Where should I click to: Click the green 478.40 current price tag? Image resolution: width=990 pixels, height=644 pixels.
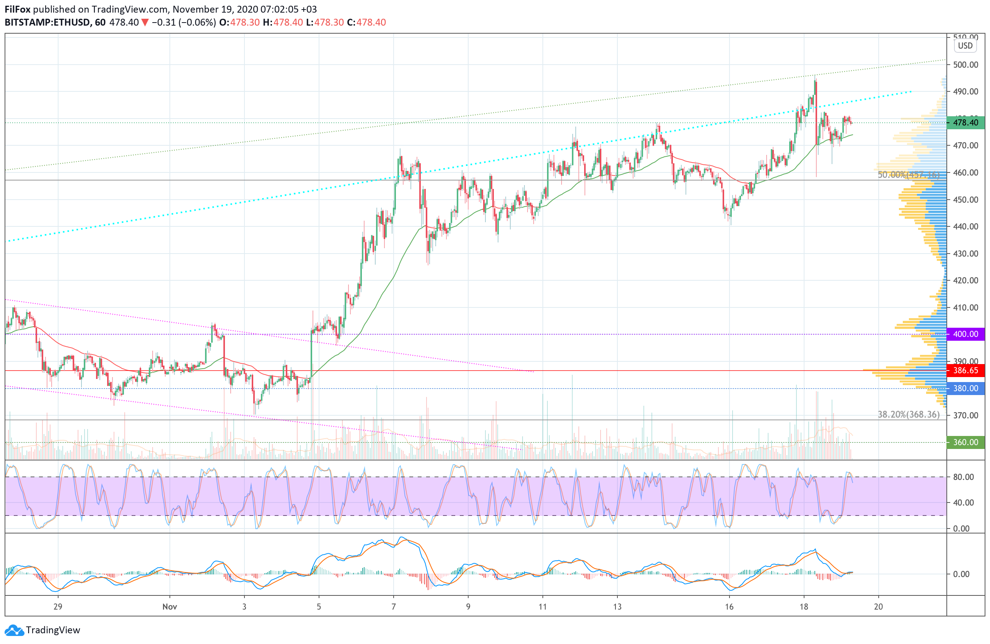pyautogui.click(x=965, y=123)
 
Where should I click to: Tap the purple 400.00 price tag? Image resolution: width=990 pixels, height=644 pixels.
pyautogui.click(x=965, y=334)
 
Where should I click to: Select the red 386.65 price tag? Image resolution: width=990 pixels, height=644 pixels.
pyautogui.click(x=965, y=370)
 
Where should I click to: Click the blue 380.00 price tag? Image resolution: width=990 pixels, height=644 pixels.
pyautogui.click(x=965, y=388)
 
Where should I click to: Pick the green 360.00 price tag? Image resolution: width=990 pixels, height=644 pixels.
pyautogui.click(x=965, y=442)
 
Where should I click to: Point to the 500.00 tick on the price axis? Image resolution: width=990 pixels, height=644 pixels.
pyautogui.click(x=966, y=65)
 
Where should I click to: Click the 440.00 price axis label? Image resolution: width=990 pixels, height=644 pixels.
pyautogui.click(x=966, y=226)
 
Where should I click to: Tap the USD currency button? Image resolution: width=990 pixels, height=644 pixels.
pyautogui.click(x=965, y=46)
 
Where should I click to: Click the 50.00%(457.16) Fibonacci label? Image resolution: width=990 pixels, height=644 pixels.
pyautogui.click(x=908, y=175)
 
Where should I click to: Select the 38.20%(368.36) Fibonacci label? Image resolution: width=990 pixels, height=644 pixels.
pyautogui.click(x=908, y=415)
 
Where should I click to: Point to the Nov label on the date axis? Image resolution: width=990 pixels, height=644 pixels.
pyautogui.click(x=170, y=607)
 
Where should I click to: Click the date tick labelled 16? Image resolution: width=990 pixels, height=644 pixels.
pyautogui.click(x=729, y=607)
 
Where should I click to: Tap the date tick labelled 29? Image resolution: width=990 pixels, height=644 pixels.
pyautogui.click(x=58, y=607)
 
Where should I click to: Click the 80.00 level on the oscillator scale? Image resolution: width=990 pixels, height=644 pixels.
pyautogui.click(x=963, y=477)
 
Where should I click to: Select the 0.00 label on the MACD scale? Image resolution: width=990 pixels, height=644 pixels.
pyautogui.click(x=961, y=574)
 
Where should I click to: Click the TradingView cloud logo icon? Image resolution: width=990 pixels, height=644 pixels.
pyautogui.click(x=15, y=630)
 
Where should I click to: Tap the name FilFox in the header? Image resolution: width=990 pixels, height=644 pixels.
pyautogui.click(x=18, y=9)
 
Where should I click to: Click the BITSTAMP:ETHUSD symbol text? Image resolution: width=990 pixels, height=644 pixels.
pyautogui.click(x=47, y=23)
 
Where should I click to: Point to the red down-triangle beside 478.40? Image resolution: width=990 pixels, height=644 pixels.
pyautogui.click(x=145, y=23)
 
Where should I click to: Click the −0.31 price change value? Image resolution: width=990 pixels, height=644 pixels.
pyautogui.click(x=163, y=23)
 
